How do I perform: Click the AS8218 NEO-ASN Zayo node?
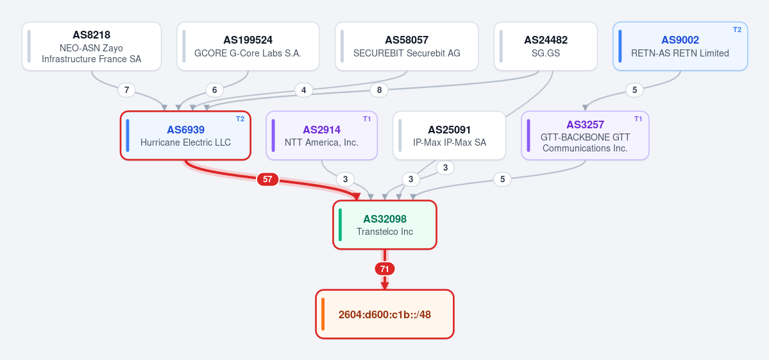coord(92,46)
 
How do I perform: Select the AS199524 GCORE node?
coord(248,46)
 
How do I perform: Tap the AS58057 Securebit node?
coord(407,46)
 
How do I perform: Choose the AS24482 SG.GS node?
coord(545,46)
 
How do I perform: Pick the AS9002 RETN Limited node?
coord(680,46)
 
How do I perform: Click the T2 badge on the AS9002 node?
coord(737,30)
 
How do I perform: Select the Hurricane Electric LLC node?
coord(185,135)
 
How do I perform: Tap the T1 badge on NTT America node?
coord(367,119)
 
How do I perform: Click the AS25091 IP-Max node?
coord(449,135)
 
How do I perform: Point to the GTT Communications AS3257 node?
coord(585,135)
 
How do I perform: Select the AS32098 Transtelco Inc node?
coord(385,225)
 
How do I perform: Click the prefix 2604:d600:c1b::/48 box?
coord(385,314)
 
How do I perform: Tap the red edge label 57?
coord(267,180)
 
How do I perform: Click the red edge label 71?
coord(385,269)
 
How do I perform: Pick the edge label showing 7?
coord(126,90)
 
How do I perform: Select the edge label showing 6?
coord(214,90)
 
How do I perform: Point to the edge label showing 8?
coord(379,90)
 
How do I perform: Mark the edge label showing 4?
coord(303,90)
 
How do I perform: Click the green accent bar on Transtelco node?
coord(341,225)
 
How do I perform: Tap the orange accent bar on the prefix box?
coord(323,314)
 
